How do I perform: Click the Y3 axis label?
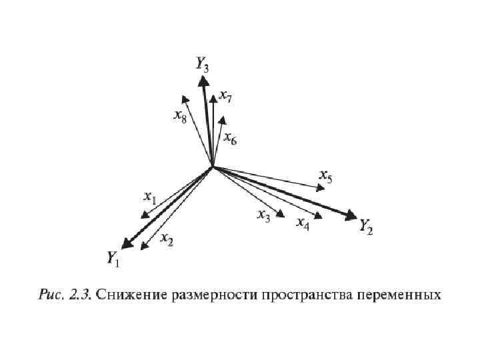203,64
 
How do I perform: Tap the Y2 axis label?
366,227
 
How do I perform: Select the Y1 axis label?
113,258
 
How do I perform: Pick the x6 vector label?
230,139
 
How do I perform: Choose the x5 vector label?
326,176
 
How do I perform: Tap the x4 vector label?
303,222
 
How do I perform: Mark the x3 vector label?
264,215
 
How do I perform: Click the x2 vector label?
167,241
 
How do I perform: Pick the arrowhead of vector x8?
187,101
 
